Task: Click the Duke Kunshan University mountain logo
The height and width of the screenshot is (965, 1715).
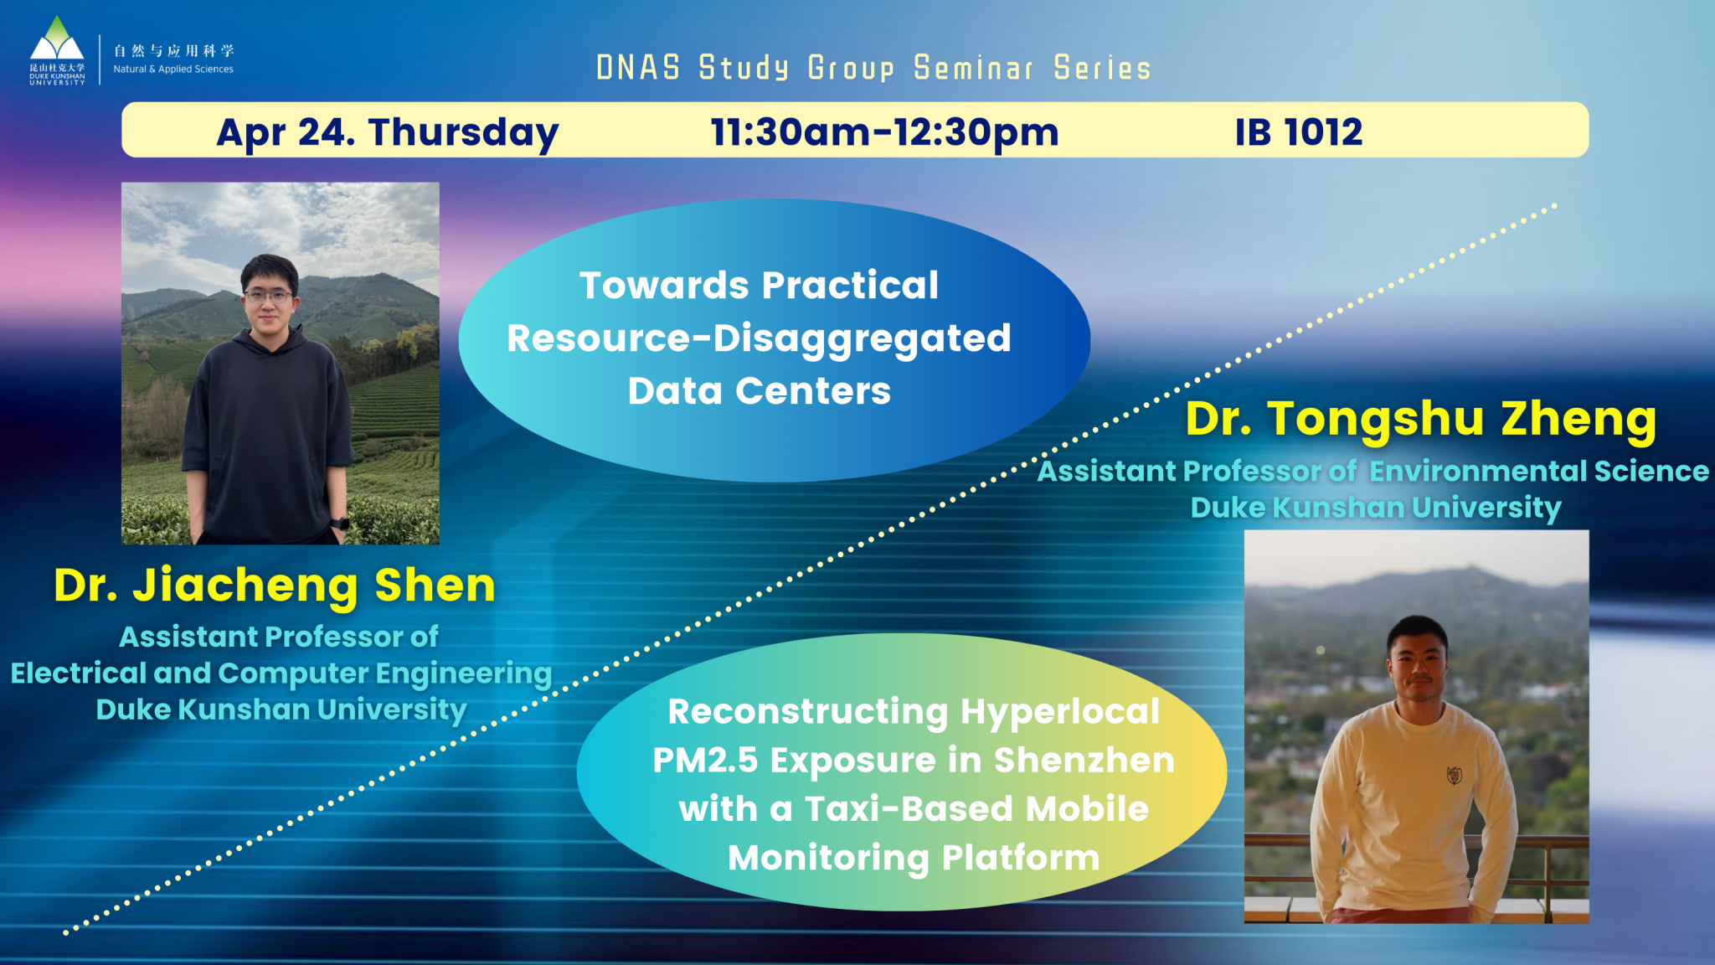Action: (x=57, y=42)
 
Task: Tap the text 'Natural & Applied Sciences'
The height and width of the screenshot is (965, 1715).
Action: (x=173, y=70)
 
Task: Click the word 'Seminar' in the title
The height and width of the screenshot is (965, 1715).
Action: (x=973, y=68)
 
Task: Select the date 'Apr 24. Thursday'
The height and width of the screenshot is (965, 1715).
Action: (x=387, y=132)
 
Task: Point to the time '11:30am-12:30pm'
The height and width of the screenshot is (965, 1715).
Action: (x=884, y=132)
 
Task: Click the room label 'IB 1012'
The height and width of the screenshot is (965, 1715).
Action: (x=1298, y=132)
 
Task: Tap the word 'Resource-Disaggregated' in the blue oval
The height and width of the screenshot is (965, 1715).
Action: (x=759, y=338)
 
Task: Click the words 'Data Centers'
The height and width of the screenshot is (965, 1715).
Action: (x=759, y=391)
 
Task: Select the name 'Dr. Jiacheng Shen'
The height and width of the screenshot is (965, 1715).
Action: (x=275, y=585)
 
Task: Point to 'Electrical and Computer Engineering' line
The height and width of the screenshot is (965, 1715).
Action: (x=281, y=673)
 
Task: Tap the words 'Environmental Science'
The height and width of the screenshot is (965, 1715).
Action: (x=1538, y=471)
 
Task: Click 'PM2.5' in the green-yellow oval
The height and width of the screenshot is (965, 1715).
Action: (x=704, y=761)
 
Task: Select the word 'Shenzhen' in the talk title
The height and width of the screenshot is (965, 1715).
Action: (x=1084, y=761)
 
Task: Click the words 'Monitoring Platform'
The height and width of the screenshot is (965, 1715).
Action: (x=913, y=858)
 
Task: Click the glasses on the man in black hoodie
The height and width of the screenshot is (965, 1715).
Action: (x=268, y=296)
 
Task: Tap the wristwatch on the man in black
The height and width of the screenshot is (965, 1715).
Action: (x=340, y=524)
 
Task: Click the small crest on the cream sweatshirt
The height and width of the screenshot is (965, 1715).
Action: (x=1455, y=775)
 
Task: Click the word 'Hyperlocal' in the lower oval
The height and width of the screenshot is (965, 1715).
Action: (x=1059, y=712)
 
